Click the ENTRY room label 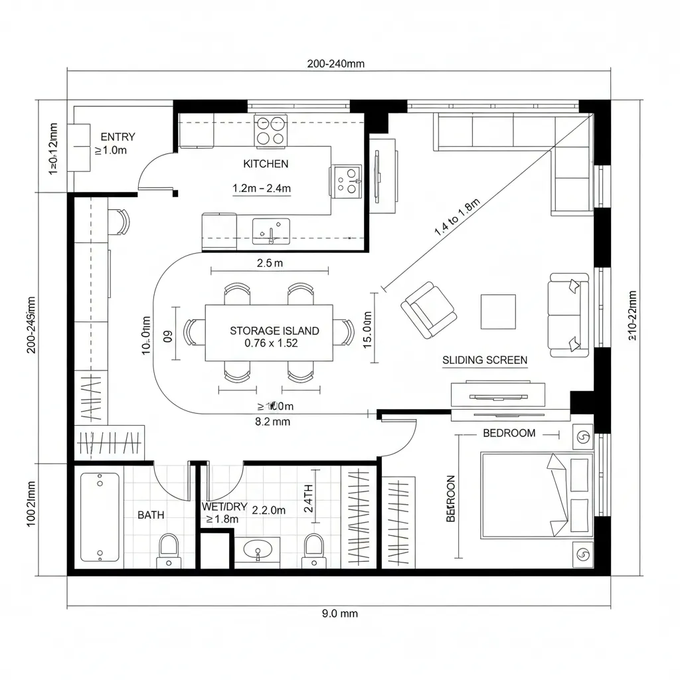click(x=118, y=137)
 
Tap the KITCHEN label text click(x=266, y=163)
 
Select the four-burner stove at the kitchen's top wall click(x=271, y=130)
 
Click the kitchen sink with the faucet click(x=270, y=230)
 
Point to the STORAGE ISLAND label click(x=274, y=331)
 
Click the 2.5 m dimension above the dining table click(x=269, y=263)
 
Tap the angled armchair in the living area click(x=428, y=310)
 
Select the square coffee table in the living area click(x=498, y=311)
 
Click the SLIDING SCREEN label click(x=485, y=361)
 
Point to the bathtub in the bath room click(x=100, y=516)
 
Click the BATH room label click(x=151, y=515)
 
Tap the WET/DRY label click(x=224, y=507)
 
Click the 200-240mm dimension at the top click(x=335, y=64)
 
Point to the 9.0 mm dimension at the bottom click(x=339, y=614)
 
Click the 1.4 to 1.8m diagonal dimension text click(x=457, y=218)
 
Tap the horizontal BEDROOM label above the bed click(x=509, y=434)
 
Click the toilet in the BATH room click(x=169, y=550)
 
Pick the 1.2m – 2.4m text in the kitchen click(x=262, y=189)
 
